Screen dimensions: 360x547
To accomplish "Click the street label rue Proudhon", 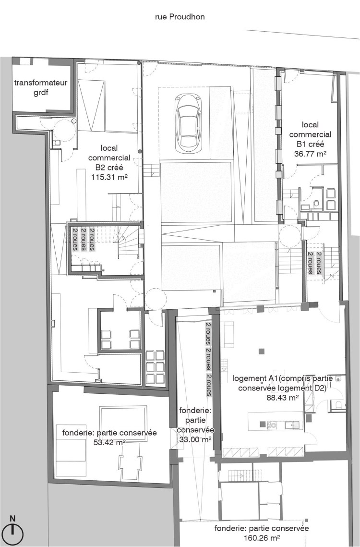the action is tap(180, 17).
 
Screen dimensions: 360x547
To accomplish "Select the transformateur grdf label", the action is tap(41, 87).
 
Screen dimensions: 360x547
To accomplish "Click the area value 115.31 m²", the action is tap(109, 177).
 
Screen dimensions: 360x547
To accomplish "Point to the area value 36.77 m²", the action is tap(310, 154).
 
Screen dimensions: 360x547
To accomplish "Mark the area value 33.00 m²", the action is tap(195, 439).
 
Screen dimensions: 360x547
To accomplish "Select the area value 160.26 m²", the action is tap(262, 538).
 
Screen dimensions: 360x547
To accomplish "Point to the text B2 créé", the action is tap(109, 168).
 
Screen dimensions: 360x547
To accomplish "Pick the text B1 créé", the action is tap(310, 144).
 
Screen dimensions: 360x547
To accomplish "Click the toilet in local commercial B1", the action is tap(316, 205).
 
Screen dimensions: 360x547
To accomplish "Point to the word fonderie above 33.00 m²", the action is tap(195, 411).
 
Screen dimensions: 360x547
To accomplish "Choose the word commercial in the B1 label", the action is tap(310, 134).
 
